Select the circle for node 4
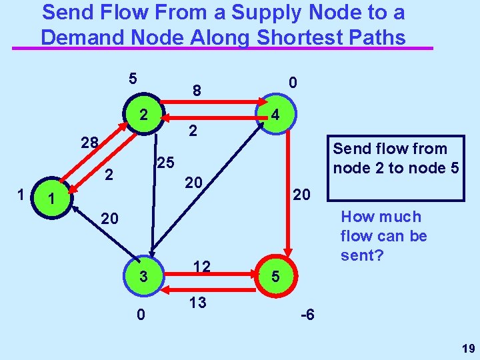point(275,116)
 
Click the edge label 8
point(197,89)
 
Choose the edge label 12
point(202,267)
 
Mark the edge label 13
point(197,303)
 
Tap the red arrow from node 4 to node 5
point(287,193)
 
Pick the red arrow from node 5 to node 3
point(209,288)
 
